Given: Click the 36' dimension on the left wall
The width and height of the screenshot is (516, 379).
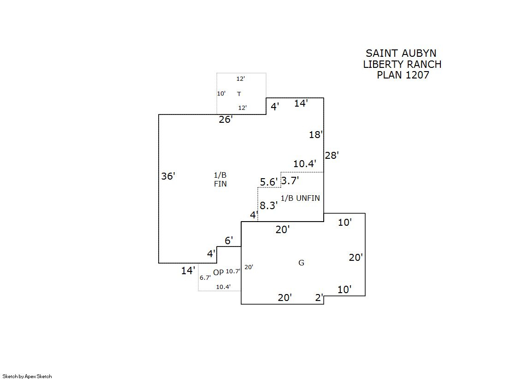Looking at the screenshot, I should click(168, 176).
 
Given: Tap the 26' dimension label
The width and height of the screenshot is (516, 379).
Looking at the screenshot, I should click(225, 120).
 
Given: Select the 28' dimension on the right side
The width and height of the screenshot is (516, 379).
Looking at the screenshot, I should click(332, 156).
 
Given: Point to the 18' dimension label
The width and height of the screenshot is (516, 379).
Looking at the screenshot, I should click(316, 135).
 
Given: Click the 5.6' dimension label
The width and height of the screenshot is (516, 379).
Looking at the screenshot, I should click(269, 182).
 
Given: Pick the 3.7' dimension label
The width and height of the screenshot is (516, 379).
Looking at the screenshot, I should click(290, 180).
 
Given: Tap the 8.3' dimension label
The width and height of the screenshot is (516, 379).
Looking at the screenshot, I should click(268, 206).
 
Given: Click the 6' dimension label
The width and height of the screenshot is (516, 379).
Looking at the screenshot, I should click(229, 241).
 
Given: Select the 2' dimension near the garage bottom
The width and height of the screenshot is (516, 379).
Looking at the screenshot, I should click(319, 298).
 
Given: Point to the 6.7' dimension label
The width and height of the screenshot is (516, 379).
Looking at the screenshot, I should click(205, 278).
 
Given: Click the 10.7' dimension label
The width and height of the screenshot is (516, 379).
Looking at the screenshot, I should click(233, 271).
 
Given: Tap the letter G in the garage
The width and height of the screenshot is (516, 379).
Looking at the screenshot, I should click(302, 263).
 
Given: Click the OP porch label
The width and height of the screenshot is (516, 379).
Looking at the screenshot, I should click(218, 272).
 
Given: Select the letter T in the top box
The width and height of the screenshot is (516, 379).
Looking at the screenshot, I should click(239, 94).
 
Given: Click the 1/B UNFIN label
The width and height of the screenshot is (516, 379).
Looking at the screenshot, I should click(300, 198).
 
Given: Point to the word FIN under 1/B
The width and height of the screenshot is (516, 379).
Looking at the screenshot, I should click(220, 184).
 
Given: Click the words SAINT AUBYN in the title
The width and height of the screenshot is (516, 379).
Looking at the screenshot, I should click(401, 54).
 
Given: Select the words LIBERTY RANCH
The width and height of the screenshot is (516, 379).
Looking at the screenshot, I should click(402, 64).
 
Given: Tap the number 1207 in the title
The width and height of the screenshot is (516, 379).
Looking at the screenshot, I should click(417, 75).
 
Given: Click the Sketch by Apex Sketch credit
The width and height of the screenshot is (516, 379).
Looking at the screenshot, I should click(27, 376).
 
